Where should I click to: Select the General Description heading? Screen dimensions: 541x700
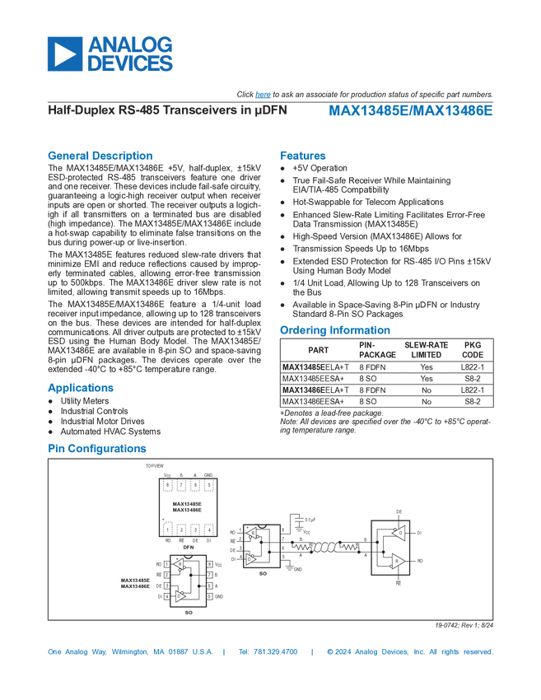point(100,155)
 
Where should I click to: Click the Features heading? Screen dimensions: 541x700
point(303,155)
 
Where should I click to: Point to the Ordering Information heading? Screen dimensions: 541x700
point(334,329)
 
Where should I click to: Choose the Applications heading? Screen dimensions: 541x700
point(81,388)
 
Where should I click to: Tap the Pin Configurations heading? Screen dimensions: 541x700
point(97,449)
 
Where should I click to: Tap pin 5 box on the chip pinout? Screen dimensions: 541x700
point(209,596)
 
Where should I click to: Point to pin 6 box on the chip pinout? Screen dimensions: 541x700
point(209,586)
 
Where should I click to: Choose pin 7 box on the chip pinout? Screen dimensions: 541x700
point(209,575)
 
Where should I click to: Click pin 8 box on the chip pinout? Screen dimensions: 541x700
point(209,564)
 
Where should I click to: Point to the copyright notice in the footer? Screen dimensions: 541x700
point(409,652)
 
